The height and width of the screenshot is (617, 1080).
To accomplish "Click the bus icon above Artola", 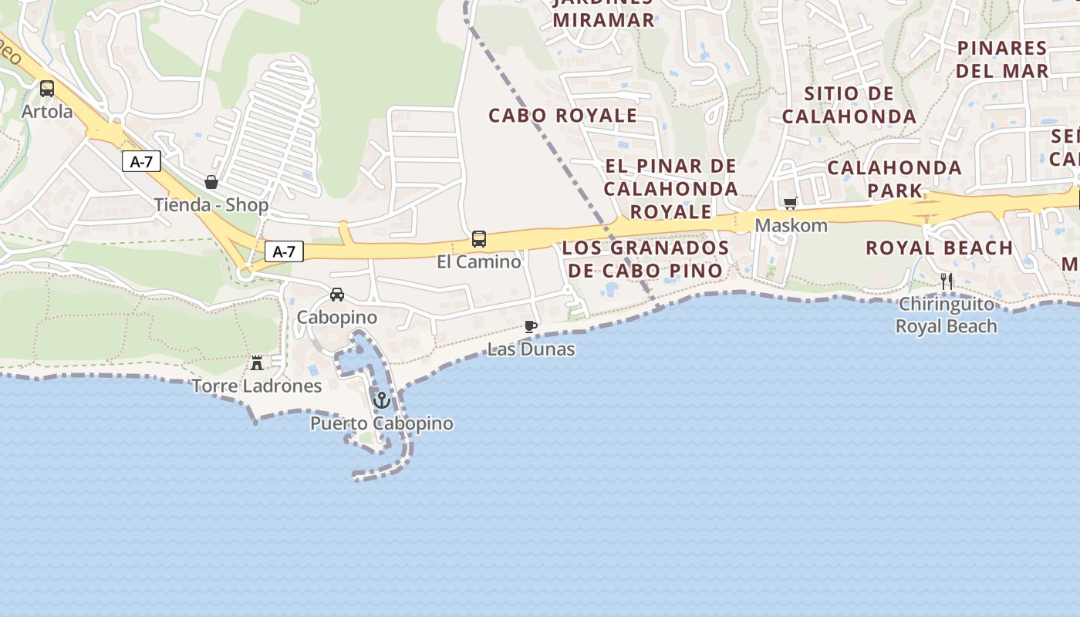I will click(x=47, y=88).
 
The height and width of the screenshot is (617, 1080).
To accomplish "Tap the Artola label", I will click(x=47, y=112).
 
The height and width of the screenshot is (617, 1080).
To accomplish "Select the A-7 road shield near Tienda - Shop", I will click(x=140, y=162).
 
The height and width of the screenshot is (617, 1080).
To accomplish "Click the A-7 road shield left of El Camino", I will click(x=284, y=251).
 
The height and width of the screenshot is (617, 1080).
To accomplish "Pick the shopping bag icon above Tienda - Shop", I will click(x=211, y=182).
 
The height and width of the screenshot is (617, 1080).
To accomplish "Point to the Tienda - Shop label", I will click(x=211, y=205).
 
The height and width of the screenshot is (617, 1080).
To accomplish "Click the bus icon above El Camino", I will click(x=479, y=239).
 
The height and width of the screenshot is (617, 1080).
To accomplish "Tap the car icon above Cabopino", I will click(x=337, y=295).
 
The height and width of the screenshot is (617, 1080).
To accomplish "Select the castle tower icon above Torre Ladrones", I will click(x=257, y=362).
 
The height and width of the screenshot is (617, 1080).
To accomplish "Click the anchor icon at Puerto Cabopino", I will click(x=381, y=400).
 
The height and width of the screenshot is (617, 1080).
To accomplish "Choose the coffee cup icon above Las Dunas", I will click(x=531, y=326).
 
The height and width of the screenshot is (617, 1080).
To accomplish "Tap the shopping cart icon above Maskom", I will click(x=790, y=204).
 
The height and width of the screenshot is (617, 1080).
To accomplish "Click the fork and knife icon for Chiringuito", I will click(x=947, y=282).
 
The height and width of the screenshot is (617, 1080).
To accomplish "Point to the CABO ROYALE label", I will click(x=563, y=116).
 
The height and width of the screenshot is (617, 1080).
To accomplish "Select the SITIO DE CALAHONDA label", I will click(x=849, y=105).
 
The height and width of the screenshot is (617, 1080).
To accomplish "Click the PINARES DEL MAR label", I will click(x=1002, y=59).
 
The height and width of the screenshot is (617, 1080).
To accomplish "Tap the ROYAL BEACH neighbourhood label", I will click(x=939, y=248).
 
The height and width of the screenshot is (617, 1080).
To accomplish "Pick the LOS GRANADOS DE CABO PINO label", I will click(x=646, y=259).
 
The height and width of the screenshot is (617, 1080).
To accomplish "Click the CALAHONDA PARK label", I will click(x=895, y=179).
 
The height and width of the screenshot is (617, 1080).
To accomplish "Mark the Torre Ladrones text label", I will click(x=257, y=386).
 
